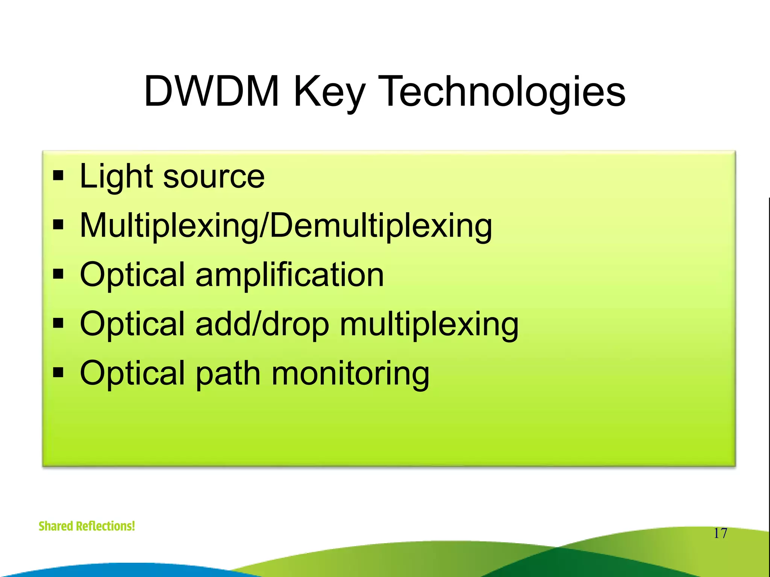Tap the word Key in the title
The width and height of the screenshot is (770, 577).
[329, 91]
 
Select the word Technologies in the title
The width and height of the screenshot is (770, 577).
[504, 91]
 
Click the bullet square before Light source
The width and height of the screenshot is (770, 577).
[58, 175]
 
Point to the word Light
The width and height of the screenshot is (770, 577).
[116, 177]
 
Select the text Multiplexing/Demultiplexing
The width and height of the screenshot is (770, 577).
[286, 226]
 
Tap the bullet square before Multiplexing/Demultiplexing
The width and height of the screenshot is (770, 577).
[58, 225]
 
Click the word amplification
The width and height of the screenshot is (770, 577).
[290, 275]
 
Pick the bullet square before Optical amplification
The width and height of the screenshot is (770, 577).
[58, 274]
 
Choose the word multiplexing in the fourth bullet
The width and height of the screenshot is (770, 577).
[429, 324]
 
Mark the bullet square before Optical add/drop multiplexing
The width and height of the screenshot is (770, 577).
[58, 323]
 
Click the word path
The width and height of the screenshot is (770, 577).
[228, 373]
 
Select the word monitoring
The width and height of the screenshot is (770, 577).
[350, 373]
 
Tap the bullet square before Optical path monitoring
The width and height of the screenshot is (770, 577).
[58, 373]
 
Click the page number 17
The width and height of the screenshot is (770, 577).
[720, 533]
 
